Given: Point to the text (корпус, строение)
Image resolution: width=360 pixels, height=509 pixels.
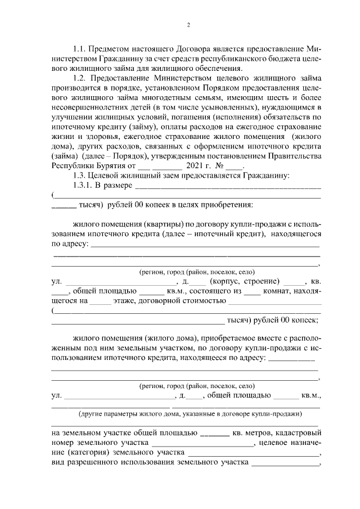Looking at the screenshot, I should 244,281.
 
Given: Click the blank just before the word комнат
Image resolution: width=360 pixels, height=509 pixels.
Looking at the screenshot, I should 253,291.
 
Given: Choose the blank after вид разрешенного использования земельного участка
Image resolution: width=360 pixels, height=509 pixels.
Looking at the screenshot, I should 285,465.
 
